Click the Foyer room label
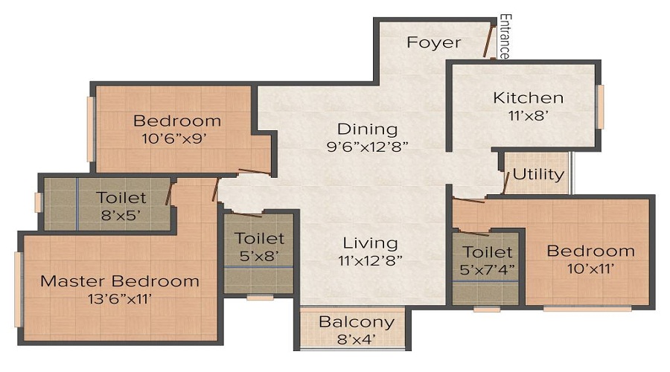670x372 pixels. pos(434,42)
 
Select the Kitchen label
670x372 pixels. pos(528,97)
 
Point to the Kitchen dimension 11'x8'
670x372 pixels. pos(528,115)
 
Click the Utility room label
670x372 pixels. pos(537,175)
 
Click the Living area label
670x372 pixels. pos(370,243)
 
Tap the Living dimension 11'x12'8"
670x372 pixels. pos(370,260)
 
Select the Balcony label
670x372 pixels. pos(356,322)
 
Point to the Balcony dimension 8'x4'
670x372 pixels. pos(356,339)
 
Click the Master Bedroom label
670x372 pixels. pos(120,281)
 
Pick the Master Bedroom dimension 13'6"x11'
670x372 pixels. pos(120,299)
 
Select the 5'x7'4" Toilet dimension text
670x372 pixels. pos(488,270)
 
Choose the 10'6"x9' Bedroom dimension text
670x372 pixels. pos(176,138)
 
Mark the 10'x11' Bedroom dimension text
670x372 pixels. pos(590,269)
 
